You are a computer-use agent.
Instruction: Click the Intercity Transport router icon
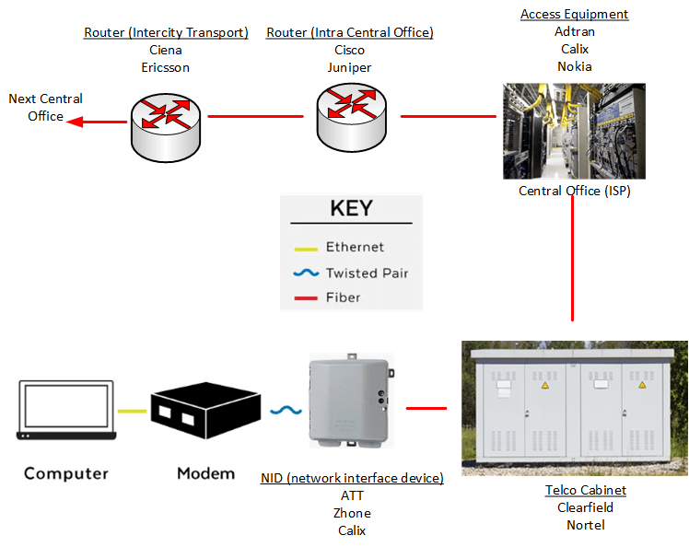167,117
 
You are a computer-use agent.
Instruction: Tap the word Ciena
166,50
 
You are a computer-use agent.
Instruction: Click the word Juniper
349,67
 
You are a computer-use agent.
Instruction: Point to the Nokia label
575,66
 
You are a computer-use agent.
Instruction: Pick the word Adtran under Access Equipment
575,31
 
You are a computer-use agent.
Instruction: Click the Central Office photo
574,131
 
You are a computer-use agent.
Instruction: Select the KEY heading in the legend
351,208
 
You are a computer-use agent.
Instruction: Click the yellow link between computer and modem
132,412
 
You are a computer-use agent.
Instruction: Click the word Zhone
352,513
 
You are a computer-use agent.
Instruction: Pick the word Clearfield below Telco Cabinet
585,507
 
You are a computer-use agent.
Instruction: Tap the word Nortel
585,525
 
